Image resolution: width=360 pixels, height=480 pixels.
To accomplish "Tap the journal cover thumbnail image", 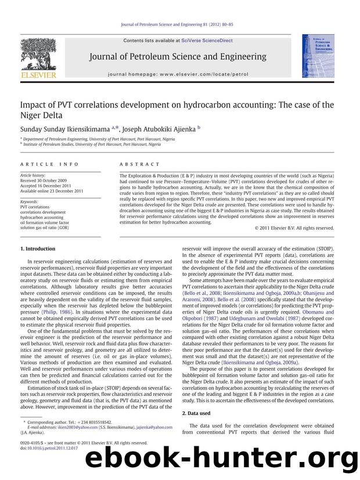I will click(x=317, y=56).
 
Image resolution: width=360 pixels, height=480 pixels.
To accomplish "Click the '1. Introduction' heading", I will click(x=39, y=248).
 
